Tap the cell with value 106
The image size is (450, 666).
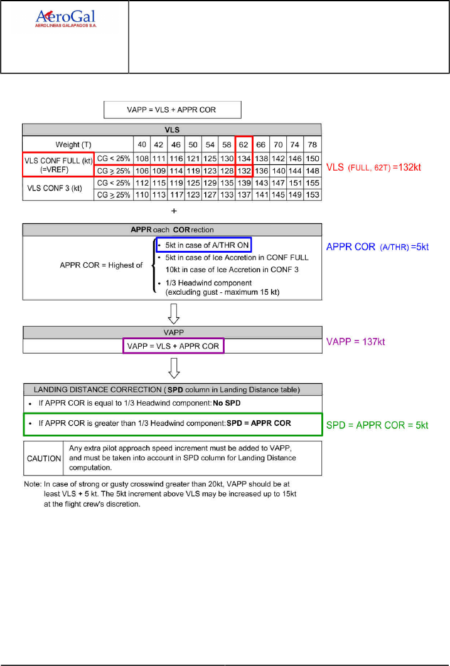[x=143, y=171]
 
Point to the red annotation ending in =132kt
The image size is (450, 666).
[x=378, y=168]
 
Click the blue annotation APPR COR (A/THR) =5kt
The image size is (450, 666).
[x=377, y=247]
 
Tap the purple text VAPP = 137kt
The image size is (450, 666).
[x=360, y=342]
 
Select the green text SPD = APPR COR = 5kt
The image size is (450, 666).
[x=377, y=425]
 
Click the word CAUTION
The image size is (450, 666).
[x=43, y=458]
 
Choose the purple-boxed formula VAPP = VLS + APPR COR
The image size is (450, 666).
[x=173, y=346]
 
